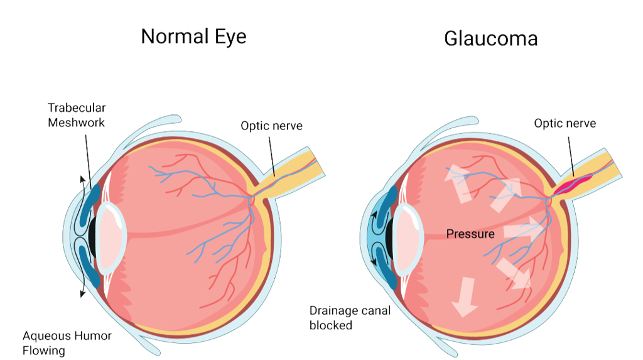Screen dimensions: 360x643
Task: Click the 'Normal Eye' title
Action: [193, 36]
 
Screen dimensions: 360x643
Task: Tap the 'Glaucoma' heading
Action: [490, 38]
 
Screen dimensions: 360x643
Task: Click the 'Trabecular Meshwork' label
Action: [76, 114]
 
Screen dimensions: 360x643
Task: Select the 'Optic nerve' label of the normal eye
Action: [271, 126]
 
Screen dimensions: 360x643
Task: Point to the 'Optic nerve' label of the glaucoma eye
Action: [565, 123]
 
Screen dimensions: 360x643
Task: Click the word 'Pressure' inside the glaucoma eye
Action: [470, 234]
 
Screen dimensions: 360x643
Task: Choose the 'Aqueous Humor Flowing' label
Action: [67, 342]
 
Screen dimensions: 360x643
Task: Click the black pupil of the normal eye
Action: [92, 234]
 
